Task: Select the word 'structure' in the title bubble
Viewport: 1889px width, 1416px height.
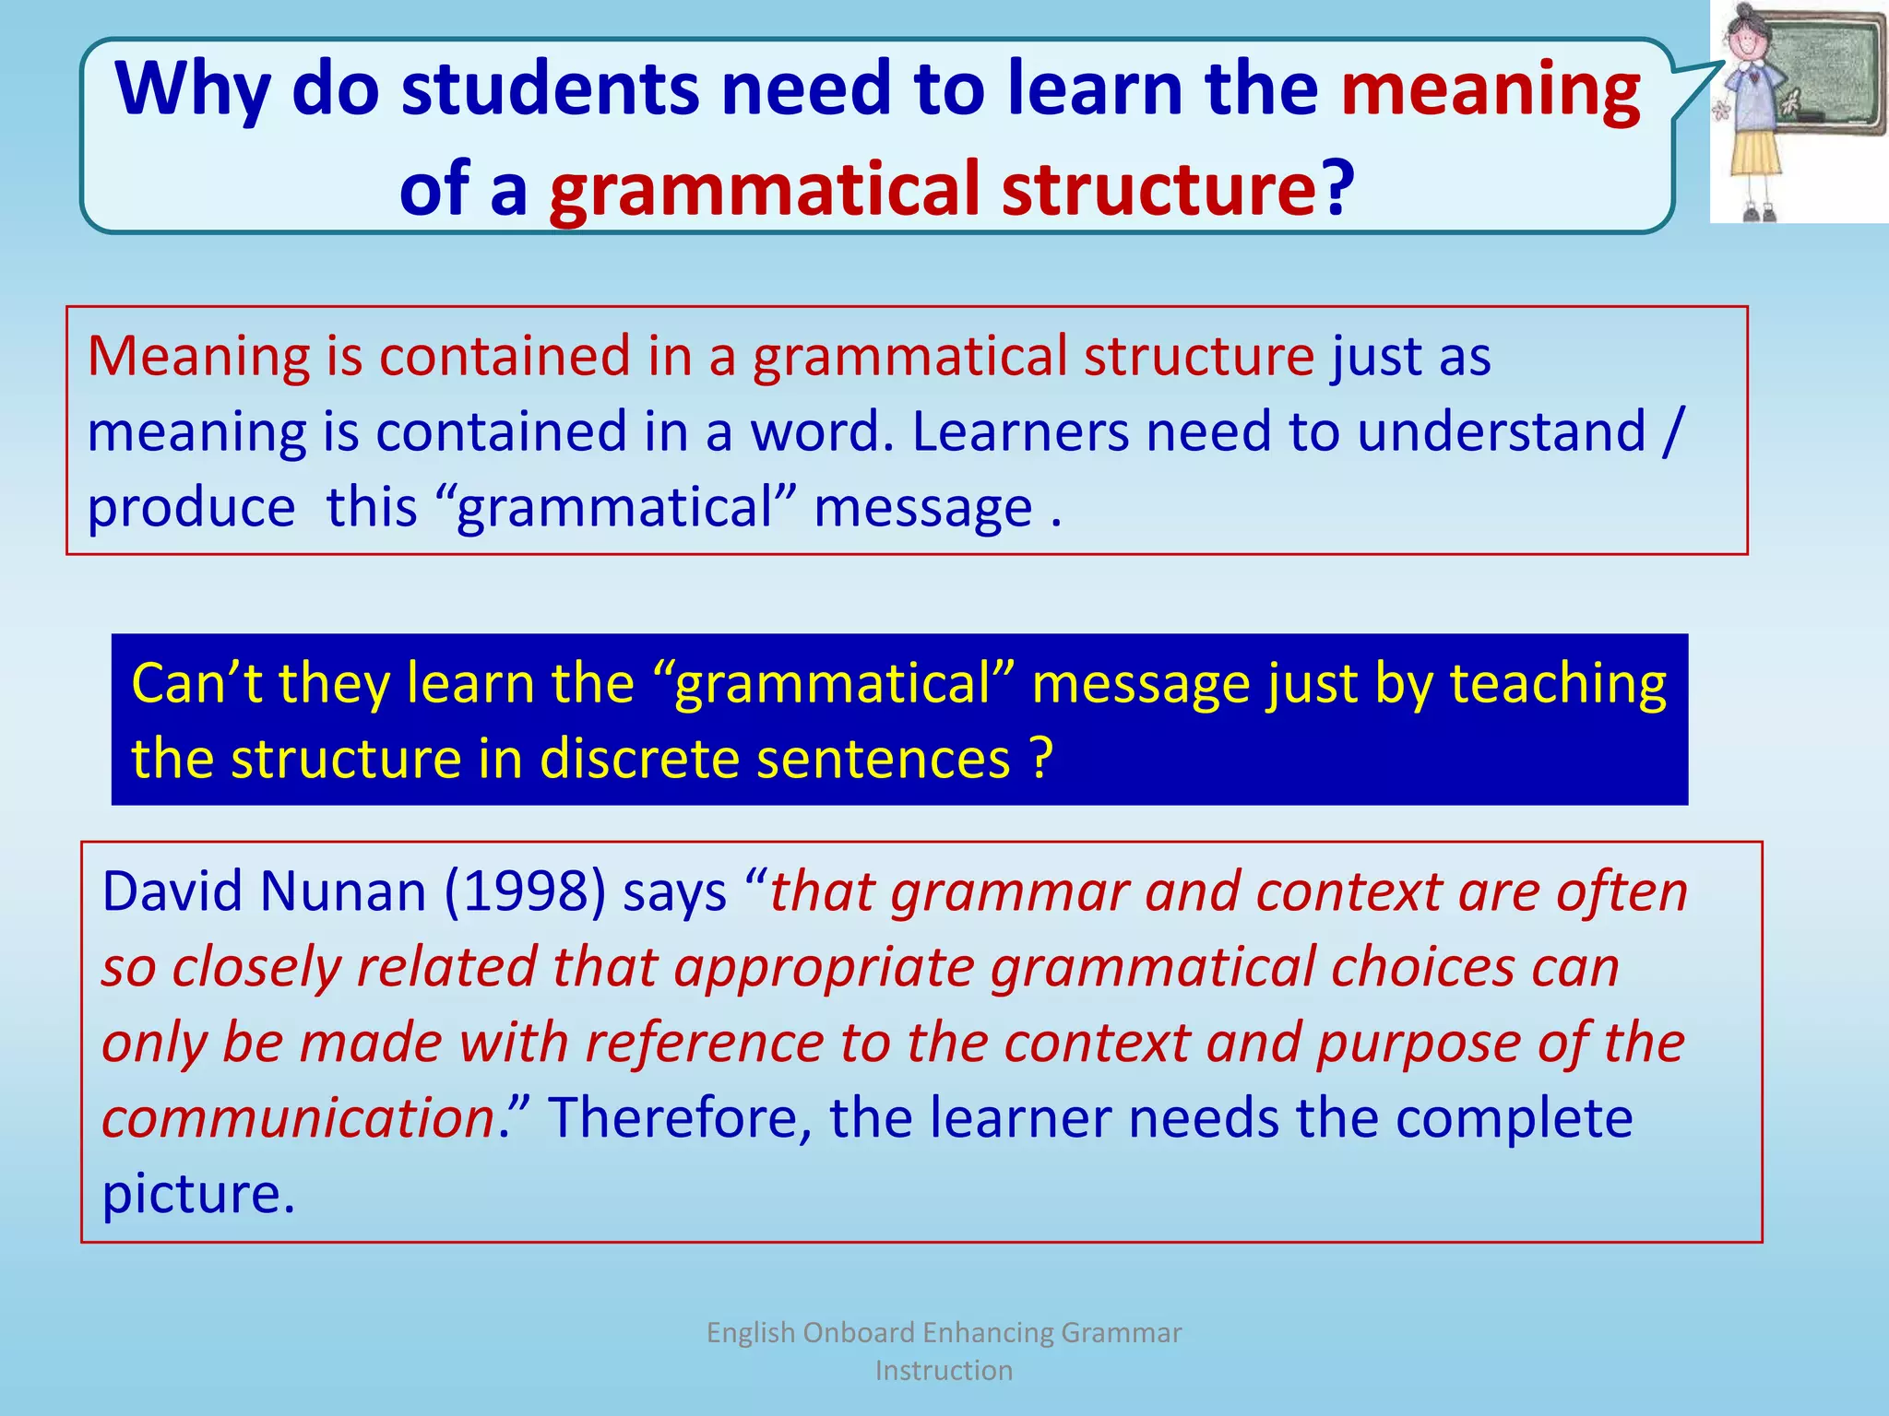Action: [x=1158, y=189]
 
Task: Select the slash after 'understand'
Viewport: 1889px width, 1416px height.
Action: [x=1672, y=431]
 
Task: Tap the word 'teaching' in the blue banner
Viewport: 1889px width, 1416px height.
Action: [x=1558, y=684]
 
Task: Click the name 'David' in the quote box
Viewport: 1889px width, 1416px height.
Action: [x=172, y=891]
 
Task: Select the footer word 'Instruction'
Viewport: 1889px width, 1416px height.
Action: [x=944, y=1371]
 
